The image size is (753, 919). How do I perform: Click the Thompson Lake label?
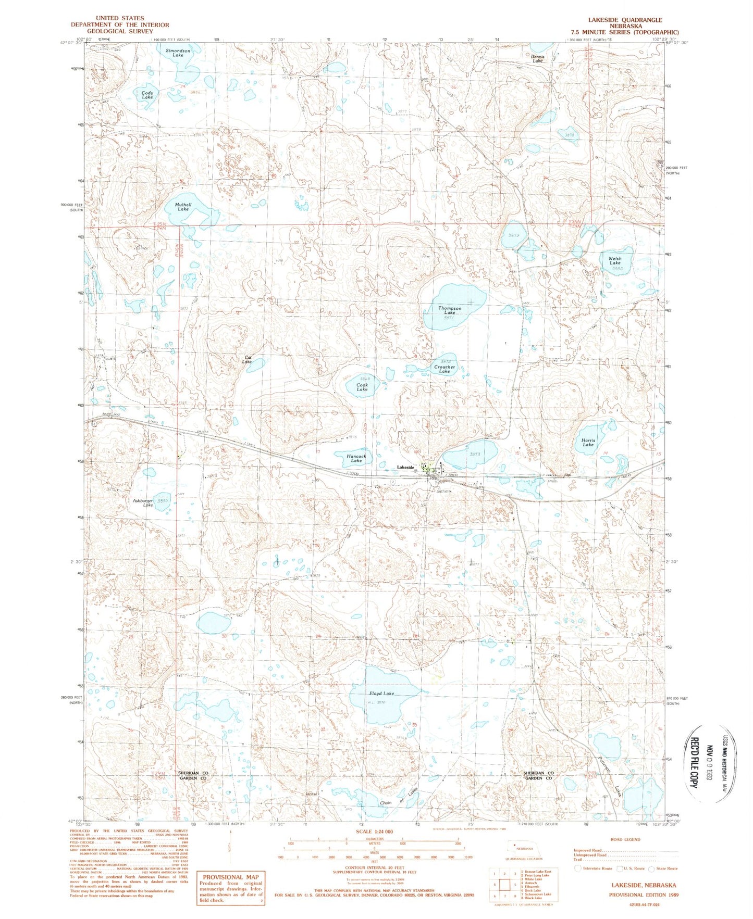pyautogui.click(x=449, y=310)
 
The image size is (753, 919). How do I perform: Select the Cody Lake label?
pyautogui.click(x=147, y=95)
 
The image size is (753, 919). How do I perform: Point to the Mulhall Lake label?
pyautogui.click(x=183, y=207)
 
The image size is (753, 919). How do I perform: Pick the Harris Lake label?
pyautogui.click(x=588, y=443)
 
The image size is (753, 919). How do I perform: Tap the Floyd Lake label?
pyautogui.click(x=381, y=694)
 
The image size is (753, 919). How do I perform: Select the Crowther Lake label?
pyautogui.click(x=445, y=369)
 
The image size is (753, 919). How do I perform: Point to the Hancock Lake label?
pyautogui.click(x=356, y=458)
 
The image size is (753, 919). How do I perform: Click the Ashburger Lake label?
pyautogui.click(x=142, y=503)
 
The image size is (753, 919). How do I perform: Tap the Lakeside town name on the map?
pyautogui.click(x=405, y=468)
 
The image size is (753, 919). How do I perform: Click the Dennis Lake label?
pyautogui.click(x=537, y=58)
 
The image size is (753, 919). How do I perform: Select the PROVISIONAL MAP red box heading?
pyautogui.click(x=230, y=877)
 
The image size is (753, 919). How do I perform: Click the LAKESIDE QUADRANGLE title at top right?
pyautogui.click(x=625, y=20)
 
